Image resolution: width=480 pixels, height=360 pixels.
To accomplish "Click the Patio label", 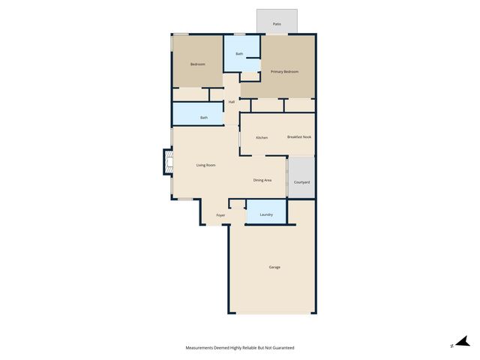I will [277, 25].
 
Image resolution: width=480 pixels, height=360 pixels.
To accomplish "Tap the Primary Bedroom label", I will [284, 72].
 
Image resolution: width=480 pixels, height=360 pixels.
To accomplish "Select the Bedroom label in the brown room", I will [197, 64].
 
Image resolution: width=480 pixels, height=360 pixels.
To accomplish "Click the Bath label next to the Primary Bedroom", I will [239, 54].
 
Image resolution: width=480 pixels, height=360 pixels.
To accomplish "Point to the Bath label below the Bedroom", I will [203, 118].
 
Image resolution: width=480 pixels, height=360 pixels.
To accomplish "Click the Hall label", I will [232, 102].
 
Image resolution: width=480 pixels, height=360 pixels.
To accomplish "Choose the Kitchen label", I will [262, 138].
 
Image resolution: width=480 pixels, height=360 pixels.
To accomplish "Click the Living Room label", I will [206, 165].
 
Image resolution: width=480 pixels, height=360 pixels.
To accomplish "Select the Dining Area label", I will [262, 180].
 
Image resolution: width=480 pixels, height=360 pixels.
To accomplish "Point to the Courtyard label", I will [301, 182].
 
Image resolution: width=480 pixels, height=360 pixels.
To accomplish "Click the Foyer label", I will [220, 215].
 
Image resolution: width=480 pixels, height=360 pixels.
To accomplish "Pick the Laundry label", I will [266, 215].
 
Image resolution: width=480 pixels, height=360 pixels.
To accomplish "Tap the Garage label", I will [274, 267].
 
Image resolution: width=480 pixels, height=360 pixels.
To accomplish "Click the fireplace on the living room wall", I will [168, 162].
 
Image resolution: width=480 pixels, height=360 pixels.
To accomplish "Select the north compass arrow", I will [462, 342].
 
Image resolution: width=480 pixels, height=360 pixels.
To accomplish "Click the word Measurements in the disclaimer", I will [205, 348].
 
